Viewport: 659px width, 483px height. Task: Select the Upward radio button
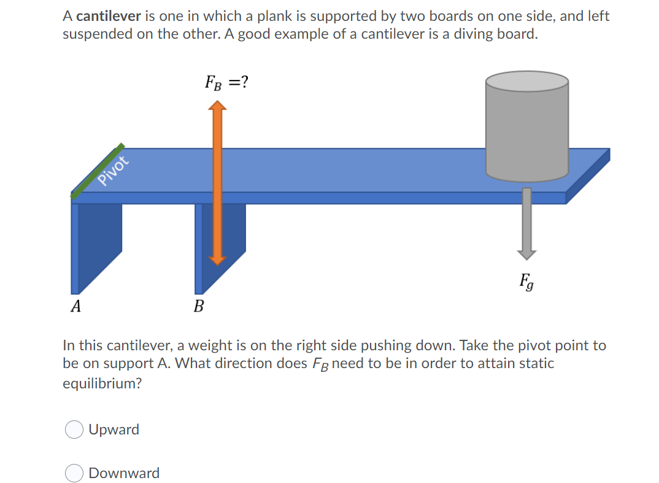[x=74, y=430]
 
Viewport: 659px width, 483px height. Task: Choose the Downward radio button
[x=74, y=473]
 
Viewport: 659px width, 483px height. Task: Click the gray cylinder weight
[x=527, y=132]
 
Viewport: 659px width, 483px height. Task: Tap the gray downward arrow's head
[x=526, y=253]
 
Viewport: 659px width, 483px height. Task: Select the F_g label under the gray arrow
[x=526, y=283]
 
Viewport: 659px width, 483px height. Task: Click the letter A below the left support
[x=75, y=306]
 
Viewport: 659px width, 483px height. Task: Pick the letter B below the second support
[x=199, y=306]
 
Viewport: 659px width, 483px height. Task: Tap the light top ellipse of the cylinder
[x=527, y=82]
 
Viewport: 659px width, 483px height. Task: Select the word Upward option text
[x=114, y=430]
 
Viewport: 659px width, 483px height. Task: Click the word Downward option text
[x=124, y=473]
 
